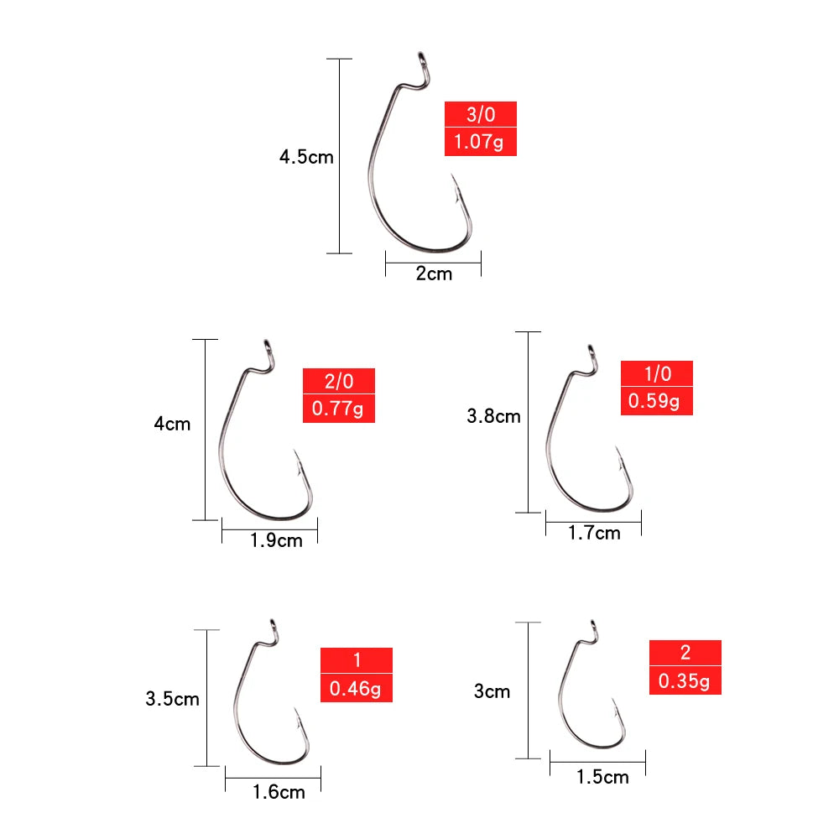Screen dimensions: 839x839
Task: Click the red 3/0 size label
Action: pos(480,114)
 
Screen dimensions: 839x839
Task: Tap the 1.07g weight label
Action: pos(480,142)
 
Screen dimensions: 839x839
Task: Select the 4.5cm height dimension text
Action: pos(306,157)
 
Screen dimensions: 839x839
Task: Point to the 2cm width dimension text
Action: pos(434,274)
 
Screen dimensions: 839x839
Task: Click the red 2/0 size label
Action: pos(339,382)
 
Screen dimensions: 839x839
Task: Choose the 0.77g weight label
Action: pos(339,409)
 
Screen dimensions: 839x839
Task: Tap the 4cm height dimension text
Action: pos(172,424)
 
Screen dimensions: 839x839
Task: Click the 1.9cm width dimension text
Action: pos(276,540)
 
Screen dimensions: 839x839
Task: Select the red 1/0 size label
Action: pos(657,373)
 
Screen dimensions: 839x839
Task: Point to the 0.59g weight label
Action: pos(657,401)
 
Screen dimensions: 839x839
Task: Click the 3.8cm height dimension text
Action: pos(493,416)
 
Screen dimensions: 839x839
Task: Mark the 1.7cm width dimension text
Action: pos(594,533)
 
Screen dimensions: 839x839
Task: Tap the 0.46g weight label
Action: pos(357,690)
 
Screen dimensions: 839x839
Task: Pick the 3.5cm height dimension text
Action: pos(172,698)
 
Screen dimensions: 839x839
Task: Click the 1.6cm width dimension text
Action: pos(279,791)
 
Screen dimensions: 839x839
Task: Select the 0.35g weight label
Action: pos(685,681)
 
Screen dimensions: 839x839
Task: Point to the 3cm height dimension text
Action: pos(492,691)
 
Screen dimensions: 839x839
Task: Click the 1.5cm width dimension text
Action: pos(602,777)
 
